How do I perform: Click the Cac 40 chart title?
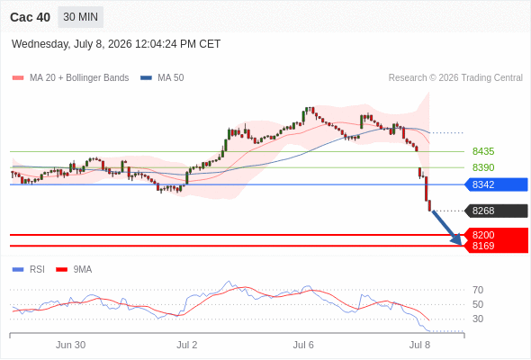[x=30, y=17]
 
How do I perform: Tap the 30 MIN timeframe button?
[x=81, y=17]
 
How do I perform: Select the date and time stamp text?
[x=116, y=44]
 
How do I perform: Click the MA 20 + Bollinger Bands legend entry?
[x=70, y=78]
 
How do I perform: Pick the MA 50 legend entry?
[x=162, y=78]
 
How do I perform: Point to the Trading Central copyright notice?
[x=455, y=78]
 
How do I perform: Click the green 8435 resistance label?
[x=483, y=151]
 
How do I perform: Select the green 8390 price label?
[x=483, y=167]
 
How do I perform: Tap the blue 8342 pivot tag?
[x=496, y=184]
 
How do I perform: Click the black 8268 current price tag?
[x=496, y=211]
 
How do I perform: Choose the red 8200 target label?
[x=483, y=235]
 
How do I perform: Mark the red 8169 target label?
[x=483, y=246]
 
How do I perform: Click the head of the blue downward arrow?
[x=461, y=244]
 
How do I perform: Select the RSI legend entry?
[x=29, y=270]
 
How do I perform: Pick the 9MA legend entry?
[x=74, y=270]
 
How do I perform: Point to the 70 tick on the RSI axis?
[x=478, y=290]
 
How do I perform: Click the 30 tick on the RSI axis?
[x=478, y=319]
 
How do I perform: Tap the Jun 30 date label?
[x=70, y=345]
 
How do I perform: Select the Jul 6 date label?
[x=303, y=345]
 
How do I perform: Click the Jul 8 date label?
[x=419, y=345]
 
